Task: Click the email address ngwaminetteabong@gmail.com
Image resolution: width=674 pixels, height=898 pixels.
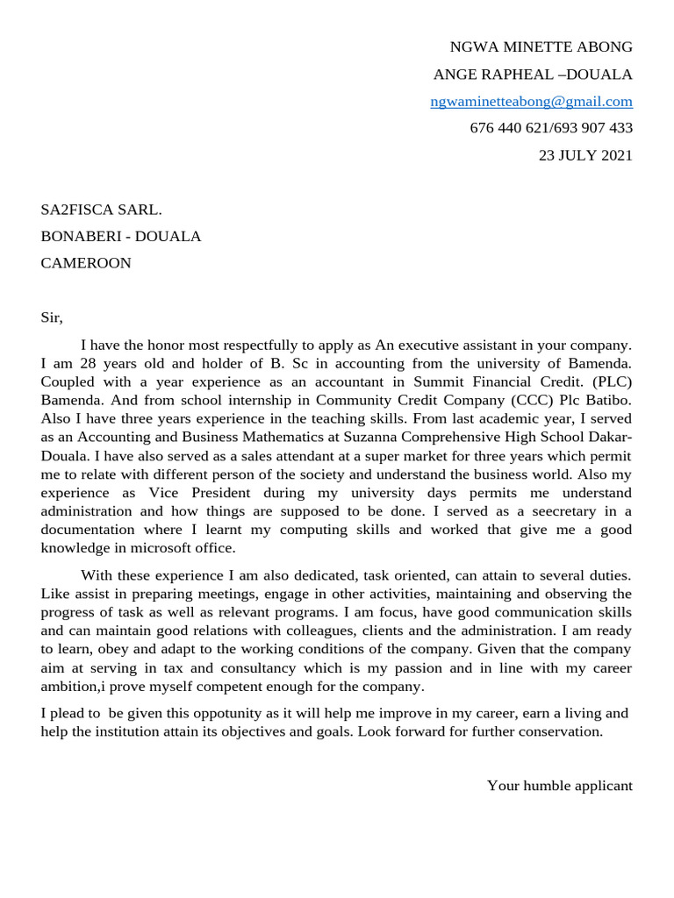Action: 531,101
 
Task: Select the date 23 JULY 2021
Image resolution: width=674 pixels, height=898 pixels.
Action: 584,155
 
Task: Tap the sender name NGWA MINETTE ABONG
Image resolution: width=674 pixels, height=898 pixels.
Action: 541,46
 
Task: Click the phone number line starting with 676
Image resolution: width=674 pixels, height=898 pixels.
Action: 551,128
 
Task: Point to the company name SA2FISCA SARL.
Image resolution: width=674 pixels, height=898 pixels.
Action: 102,209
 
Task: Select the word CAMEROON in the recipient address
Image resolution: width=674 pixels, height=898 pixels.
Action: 86,263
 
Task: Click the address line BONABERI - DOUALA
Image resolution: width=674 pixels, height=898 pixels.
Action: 121,236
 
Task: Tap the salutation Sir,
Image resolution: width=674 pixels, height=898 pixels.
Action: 53,317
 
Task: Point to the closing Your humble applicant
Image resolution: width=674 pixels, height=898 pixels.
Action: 559,786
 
